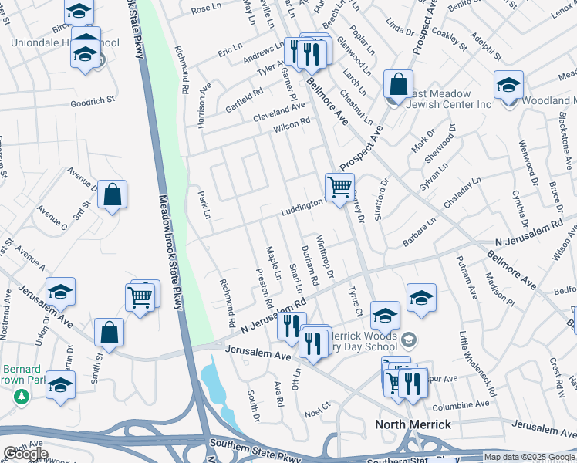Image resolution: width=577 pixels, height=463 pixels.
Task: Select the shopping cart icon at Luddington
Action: [340, 187]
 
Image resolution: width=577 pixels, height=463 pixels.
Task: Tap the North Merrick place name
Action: [413, 424]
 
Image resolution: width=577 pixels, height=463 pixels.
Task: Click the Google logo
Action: [25, 454]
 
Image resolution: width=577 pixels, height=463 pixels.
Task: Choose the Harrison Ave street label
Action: [204, 106]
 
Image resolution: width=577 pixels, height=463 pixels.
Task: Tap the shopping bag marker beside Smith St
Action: [110, 333]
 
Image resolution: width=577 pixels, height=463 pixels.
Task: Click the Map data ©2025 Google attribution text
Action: [528, 457]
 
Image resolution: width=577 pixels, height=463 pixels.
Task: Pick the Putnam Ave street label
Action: [465, 278]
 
